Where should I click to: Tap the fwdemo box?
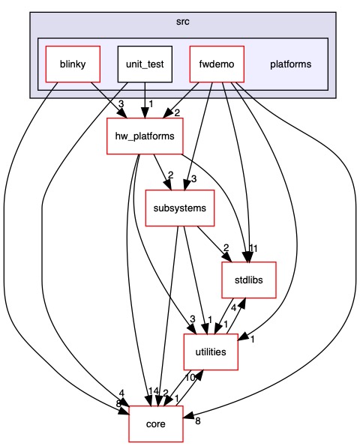(217, 64)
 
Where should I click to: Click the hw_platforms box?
(138, 136)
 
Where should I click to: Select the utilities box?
(211, 351)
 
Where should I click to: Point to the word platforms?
(290, 64)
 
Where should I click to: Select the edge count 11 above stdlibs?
(253, 248)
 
